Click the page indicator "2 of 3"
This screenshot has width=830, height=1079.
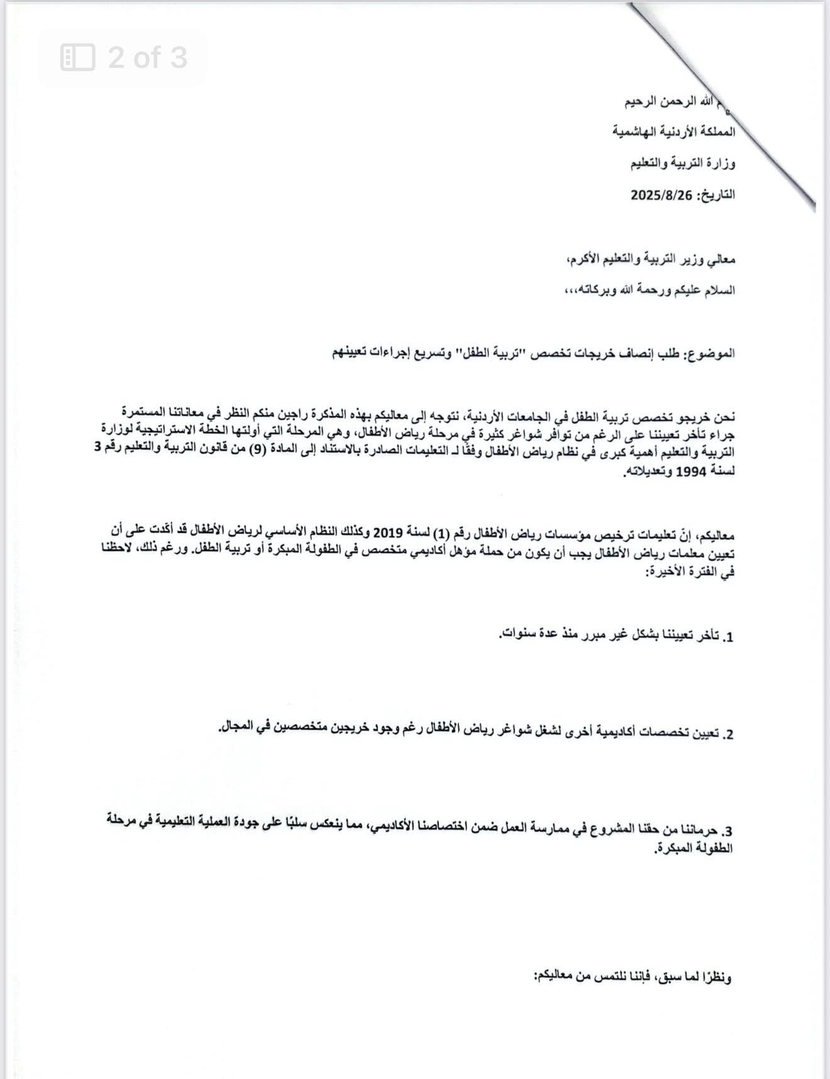click(147, 58)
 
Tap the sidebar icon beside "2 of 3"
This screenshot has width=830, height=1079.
click(77, 58)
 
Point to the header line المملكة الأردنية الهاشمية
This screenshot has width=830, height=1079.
click(674, 132)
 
